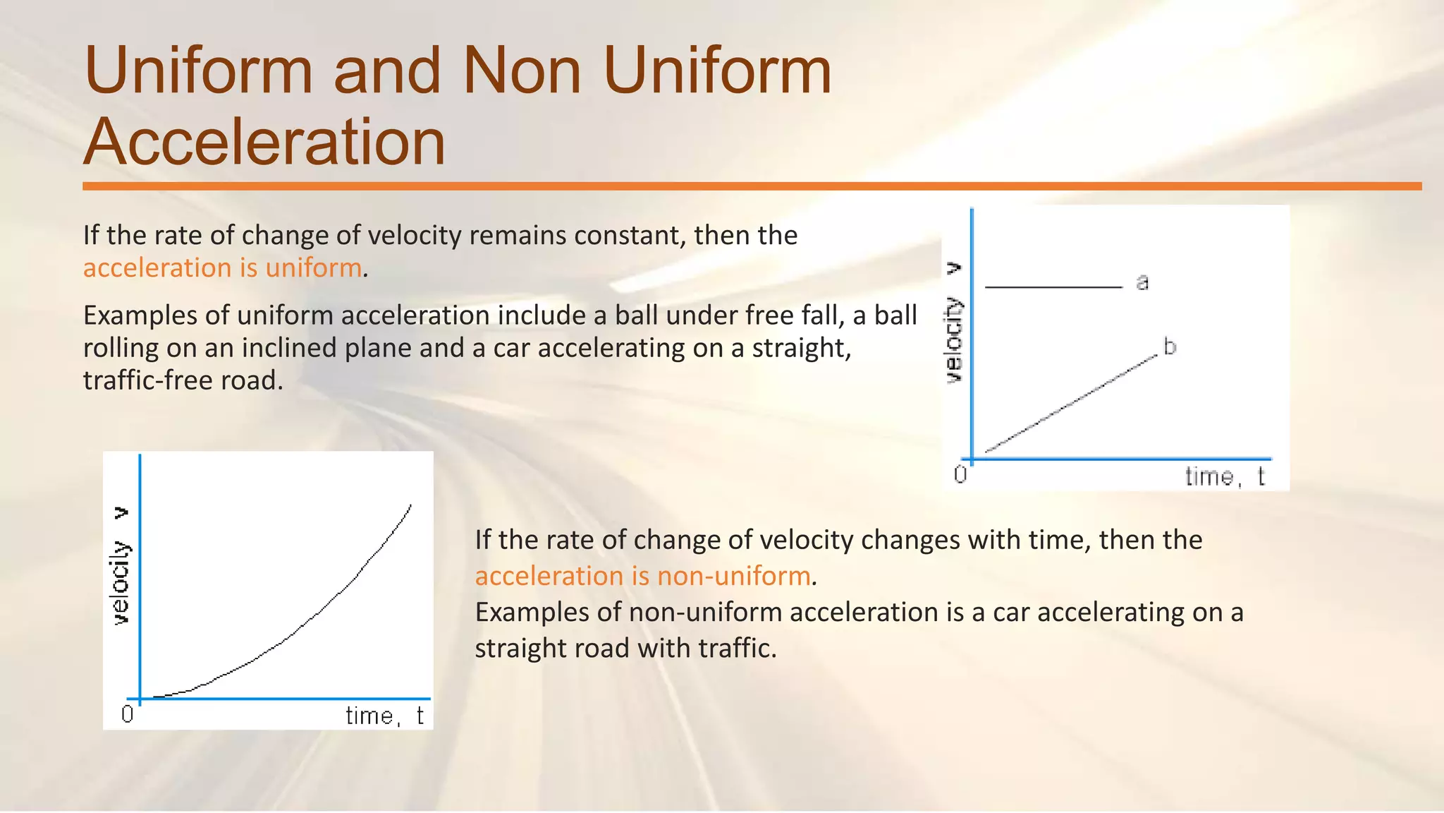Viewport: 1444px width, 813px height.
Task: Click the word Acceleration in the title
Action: pyautogui.click(x=264, y=142)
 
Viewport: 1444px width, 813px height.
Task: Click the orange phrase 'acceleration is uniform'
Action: pyautogui.click(x=222, y=268)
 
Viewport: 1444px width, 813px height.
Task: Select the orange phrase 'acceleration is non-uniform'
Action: pyautogui.click(x=642, y=576)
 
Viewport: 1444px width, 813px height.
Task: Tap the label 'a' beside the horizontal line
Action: pyautogui.click(x=1142, y=282)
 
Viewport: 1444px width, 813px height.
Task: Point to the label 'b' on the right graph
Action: pyautogui.click(x=1170, y=347)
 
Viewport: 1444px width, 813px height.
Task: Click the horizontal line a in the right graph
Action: pyautogui.click(x=1053, y=287)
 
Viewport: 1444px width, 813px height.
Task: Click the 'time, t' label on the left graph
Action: pyautogui.click(x=384, y=716)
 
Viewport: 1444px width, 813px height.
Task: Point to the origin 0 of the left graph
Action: pyautogui.click(x=127, y=714)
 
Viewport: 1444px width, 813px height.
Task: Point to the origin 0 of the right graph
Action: pyautogui.click(x=960, y=474)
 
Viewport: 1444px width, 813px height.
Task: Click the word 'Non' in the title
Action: pyautogui.click(x=521, y=71)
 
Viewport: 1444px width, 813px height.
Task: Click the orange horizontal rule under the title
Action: pyautogui.click(x=752, y=186)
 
